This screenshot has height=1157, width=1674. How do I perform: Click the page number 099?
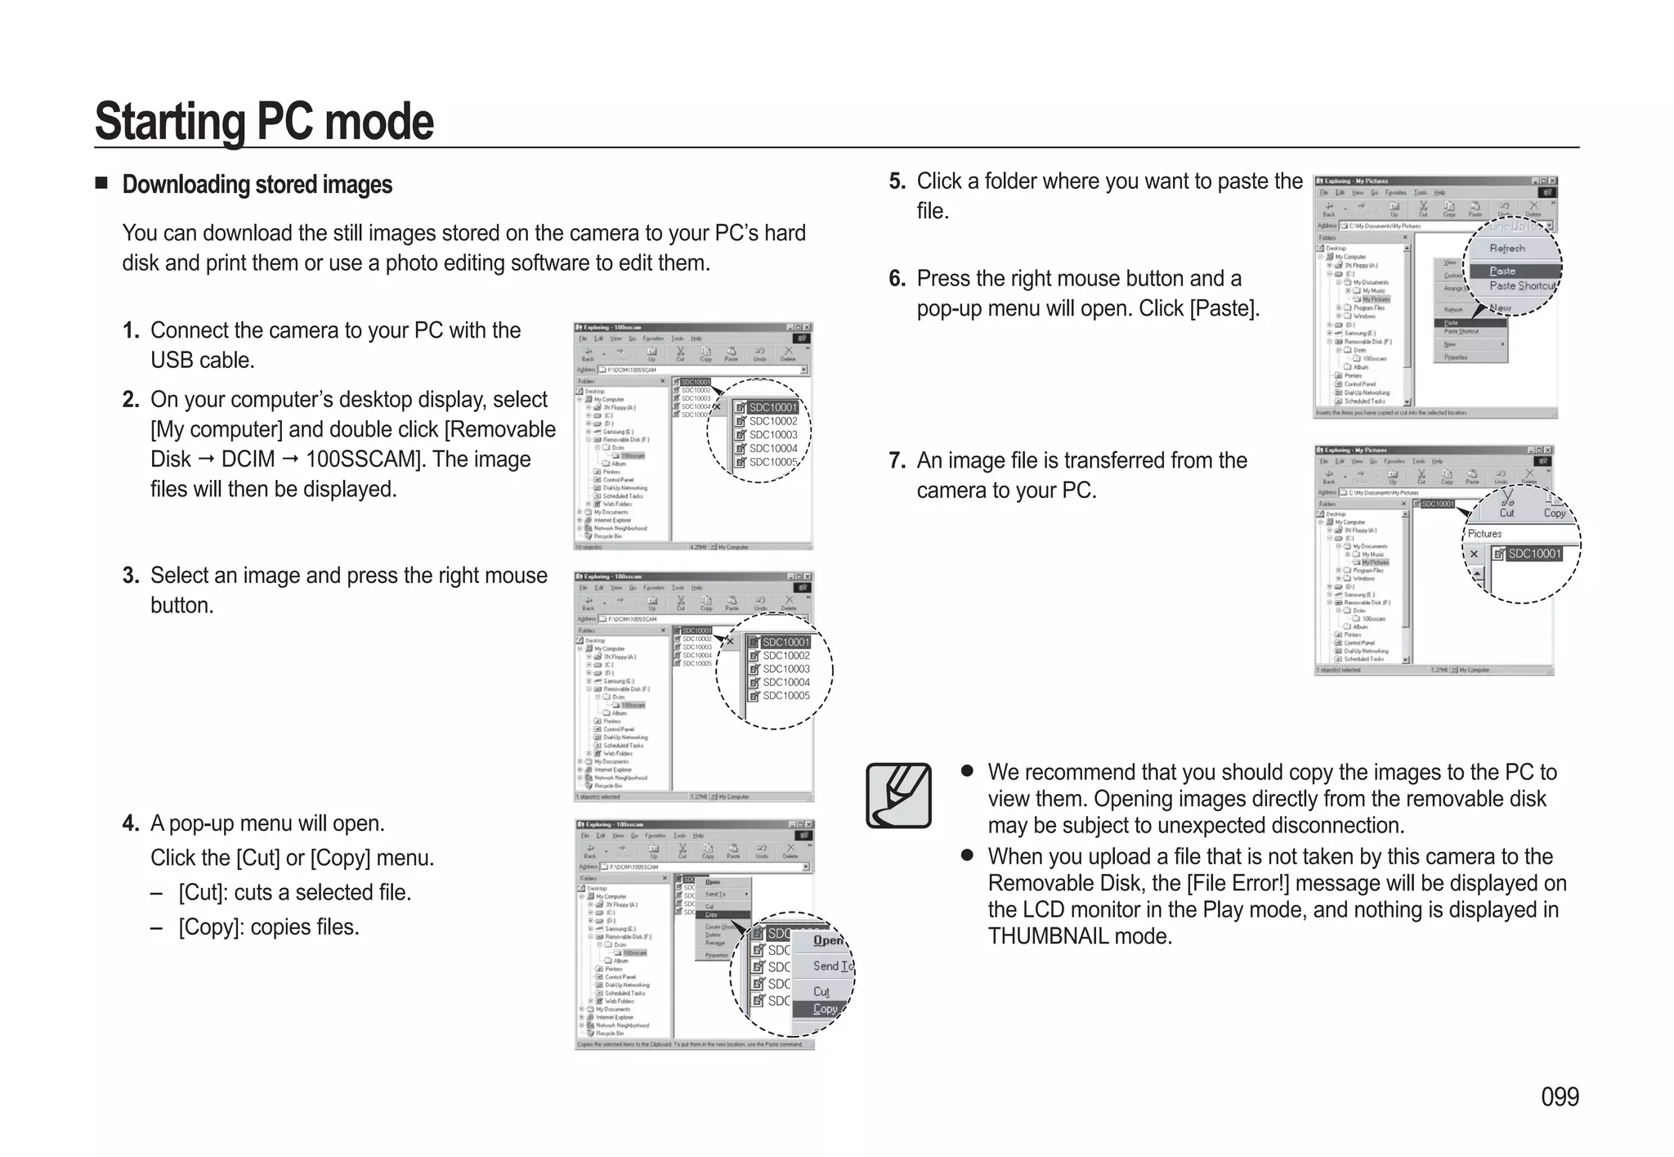click(x=1560, y=1096)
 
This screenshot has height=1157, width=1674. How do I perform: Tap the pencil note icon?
click(x=898, y=796)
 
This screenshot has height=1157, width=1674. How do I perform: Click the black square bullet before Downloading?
click(x=101, y=182)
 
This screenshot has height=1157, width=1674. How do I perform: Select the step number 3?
click(x=131, y=576)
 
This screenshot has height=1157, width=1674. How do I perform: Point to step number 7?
click(x=897, y=461)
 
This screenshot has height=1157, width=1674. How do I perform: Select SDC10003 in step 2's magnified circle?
click(x=772, y=435)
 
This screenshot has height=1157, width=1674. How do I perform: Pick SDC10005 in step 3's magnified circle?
click(x=786, y=696)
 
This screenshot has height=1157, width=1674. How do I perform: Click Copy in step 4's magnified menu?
click(x=825, y=1009)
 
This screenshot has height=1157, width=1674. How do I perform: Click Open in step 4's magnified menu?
click(x=828, y=940)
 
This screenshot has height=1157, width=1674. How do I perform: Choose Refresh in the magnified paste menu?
click(x=1506, y=249)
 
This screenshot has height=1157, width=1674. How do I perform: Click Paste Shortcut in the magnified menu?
click(x=1522, y=286)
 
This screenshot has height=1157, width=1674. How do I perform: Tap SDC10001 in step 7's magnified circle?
click(x=1533, y=554)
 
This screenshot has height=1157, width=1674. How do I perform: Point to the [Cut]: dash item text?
click(x=294, y=892)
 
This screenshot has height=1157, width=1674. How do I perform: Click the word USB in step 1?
click(x=170, y=360)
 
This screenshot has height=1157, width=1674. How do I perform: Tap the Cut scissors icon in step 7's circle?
click(x=1506, y=501)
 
